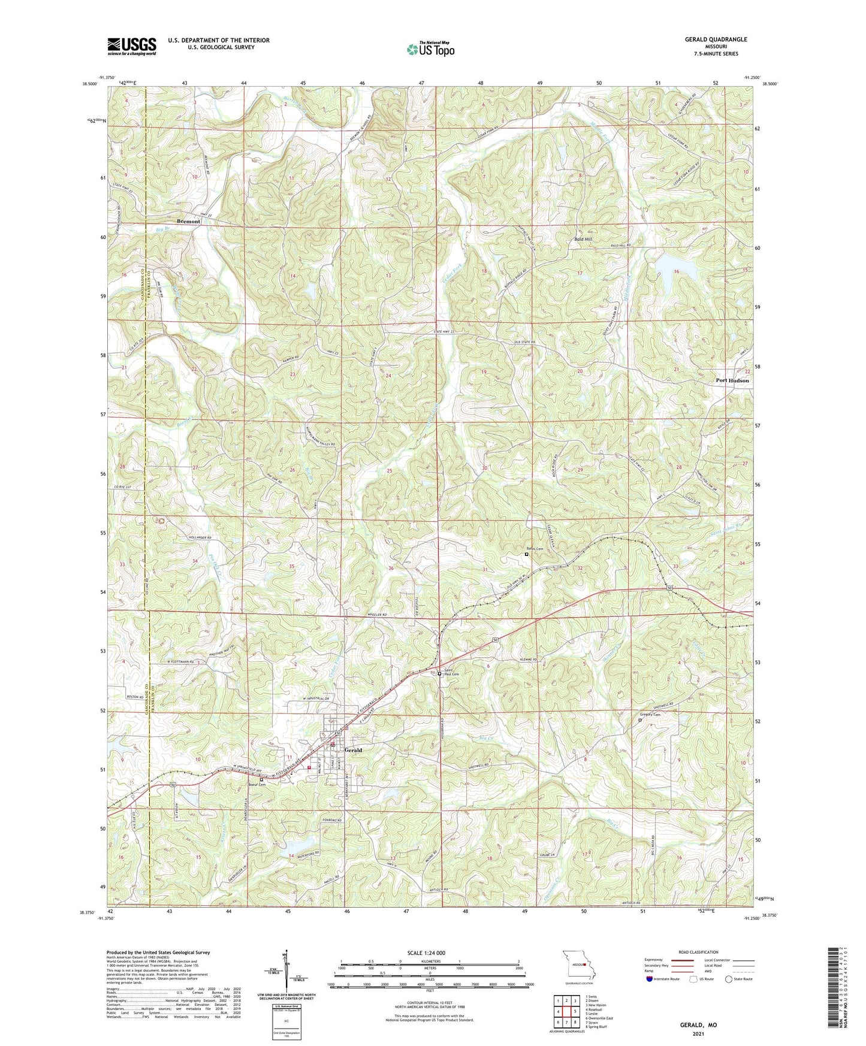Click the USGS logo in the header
coord(132,46)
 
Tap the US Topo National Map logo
coord(430,49)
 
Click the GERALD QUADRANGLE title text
coord(716,40)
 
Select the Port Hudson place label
coord(732,380)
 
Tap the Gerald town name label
coord(353,750)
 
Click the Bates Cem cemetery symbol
coord(527,554)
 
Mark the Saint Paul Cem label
coord(451,672)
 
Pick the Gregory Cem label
coord(650,715)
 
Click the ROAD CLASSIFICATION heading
coord(698,952)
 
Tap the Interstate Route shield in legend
coord(650,979)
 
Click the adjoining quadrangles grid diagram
coord(566,1013)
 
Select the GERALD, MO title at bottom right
coord(698,1025)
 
